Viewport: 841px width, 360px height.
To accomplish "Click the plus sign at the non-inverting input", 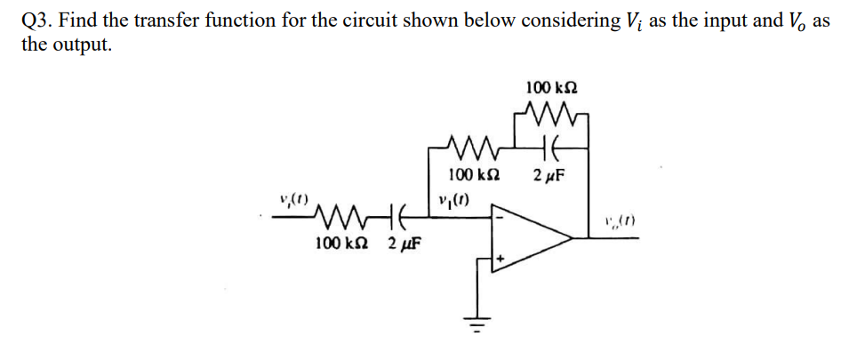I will (501, 260).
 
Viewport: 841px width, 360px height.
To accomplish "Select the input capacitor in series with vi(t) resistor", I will (395, 215).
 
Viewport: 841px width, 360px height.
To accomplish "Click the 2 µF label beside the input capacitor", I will (404, 243).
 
